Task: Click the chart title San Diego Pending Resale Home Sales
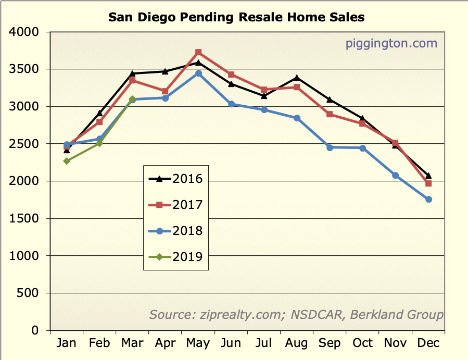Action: point(236,17)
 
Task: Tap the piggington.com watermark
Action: point(391,43)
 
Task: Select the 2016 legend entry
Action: point(175,179)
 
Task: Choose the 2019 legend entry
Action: point(175,256)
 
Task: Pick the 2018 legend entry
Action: point(175,231)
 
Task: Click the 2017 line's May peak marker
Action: point(198,52)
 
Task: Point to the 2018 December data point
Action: point(428,200)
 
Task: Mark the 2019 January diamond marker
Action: point(67,161)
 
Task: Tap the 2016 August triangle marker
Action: point(297,78)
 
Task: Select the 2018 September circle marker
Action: point(330,147)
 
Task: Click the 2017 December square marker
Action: point(428,183)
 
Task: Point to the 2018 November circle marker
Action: point(396,176)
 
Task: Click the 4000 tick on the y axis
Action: point(24,32)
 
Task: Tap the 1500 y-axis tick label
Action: point(24,219)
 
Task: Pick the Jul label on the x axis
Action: point(264,343)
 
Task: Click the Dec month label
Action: point(428,343)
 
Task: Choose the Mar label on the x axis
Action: point(132,343)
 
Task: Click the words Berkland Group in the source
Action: point(397,315)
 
